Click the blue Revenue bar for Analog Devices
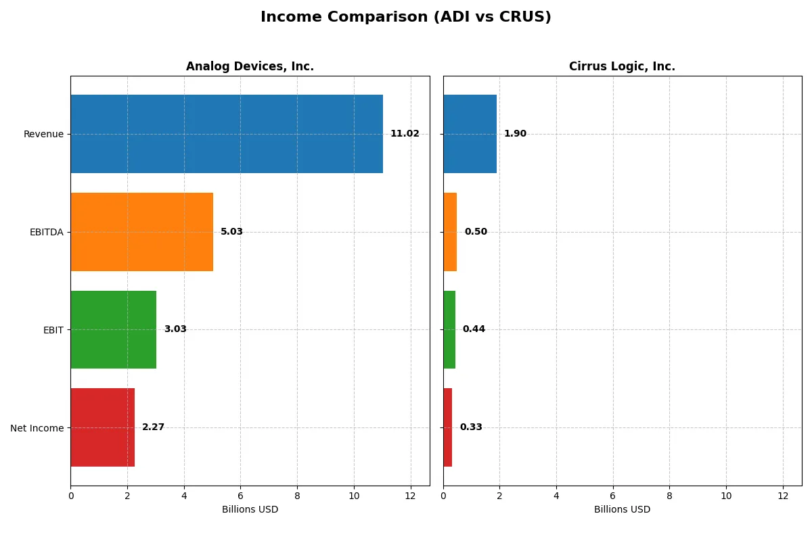[227, 134]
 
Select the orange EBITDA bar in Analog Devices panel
[142, 232]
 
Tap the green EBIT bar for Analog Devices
[114, 329]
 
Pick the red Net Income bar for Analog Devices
[103, 427]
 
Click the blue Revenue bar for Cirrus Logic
[470, 134]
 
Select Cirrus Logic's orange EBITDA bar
[450, 232]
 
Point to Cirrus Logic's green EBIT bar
[449, 329]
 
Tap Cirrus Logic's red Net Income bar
[448, 427]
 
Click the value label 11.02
[405, 134]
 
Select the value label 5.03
[231, 232]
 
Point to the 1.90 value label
[515, 134]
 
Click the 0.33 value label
[471, 427]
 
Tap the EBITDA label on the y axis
[46, 232]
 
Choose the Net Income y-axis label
[37, 427]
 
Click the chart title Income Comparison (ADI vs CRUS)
[406, 18]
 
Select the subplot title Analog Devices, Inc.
[250, 66]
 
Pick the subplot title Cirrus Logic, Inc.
[622, 66]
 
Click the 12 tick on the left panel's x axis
[410, 496]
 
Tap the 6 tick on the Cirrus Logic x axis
[613, 496]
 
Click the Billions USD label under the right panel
[622, 509]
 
